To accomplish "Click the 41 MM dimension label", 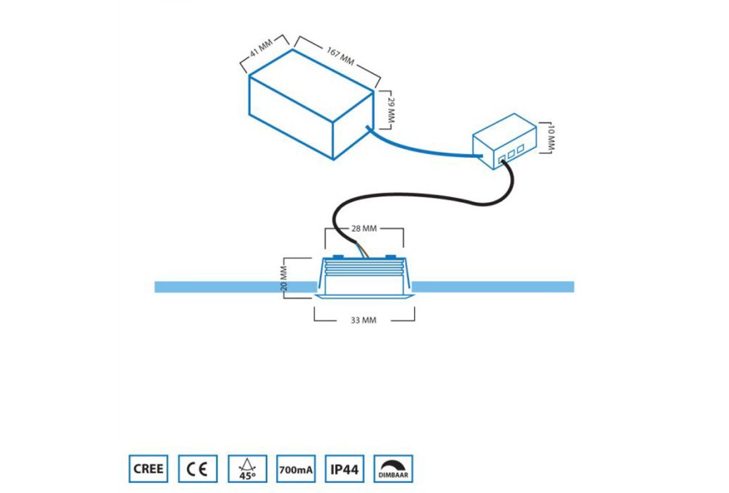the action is coord(261,49).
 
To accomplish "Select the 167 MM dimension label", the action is coord(340,56).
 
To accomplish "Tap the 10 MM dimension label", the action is coord(551,138).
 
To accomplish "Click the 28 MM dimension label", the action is coord(364,228).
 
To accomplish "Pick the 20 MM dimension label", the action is coord(284,279).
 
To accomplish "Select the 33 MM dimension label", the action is coord(363,320).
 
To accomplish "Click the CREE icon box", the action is coord(149,469).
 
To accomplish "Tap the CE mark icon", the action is coord(198,469).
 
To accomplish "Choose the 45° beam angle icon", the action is coord(247,469).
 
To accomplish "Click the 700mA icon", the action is coord(296,469).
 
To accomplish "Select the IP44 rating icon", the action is coord(344,469).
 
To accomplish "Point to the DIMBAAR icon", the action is coord(393,469).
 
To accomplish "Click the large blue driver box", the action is coord(311,104).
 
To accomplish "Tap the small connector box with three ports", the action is coord(505,142).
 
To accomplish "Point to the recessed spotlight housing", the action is coord(363,277).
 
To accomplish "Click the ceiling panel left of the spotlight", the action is coord(236,287).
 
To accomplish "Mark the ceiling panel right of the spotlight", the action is coord(492,287).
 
